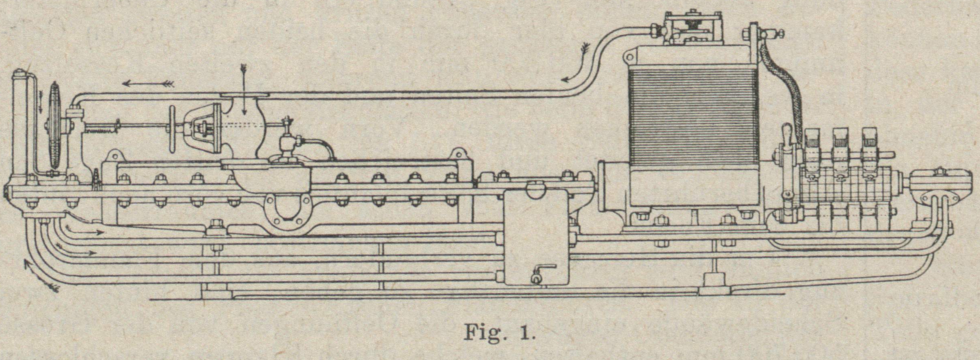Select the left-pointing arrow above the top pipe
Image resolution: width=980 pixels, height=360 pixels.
point(148,84)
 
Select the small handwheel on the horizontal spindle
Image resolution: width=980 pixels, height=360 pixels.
point(173,129)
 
